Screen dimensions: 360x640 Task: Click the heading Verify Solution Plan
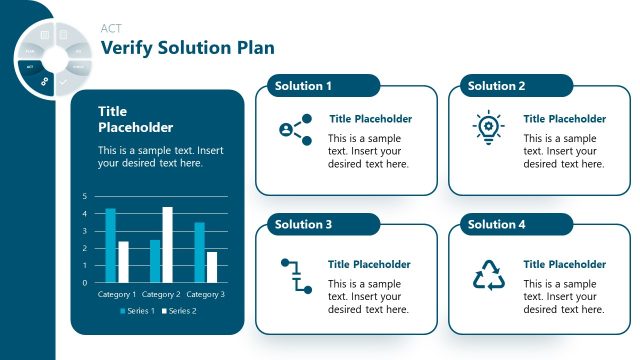pos(187,48)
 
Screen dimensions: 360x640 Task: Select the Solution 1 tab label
pos(303,86)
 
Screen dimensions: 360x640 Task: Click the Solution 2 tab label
pos(496,86)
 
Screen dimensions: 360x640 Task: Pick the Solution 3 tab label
pos(303,225)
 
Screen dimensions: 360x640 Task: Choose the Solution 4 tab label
pos(496,225)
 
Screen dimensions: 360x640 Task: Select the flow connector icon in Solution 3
pos(295,275)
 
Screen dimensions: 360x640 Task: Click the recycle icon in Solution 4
pos(489,275)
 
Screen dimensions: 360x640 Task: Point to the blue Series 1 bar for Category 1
pos(111,245)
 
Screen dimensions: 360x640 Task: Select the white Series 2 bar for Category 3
pos(211,267)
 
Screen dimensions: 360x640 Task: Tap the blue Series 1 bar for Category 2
pos(155,261)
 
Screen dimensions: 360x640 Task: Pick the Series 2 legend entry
pos(180,311)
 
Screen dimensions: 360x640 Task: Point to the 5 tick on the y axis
pos(85,196)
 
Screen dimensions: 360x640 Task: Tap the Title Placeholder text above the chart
pos(135,119)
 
